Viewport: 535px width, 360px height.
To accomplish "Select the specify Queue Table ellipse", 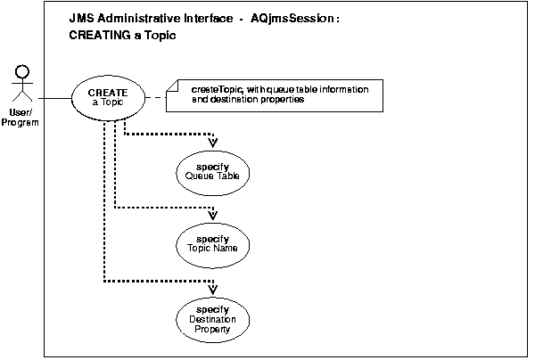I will [212, 171].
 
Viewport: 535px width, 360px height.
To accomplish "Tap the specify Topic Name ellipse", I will [212, 245].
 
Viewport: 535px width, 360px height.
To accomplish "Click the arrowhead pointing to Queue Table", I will [213, 142].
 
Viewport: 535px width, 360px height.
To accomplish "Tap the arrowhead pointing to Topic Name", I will [213, 215].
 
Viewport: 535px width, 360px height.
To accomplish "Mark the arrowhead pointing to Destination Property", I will [213, 287].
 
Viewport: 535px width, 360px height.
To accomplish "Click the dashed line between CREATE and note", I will [155, 97].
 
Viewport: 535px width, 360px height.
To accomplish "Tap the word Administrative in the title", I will [134, 19].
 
